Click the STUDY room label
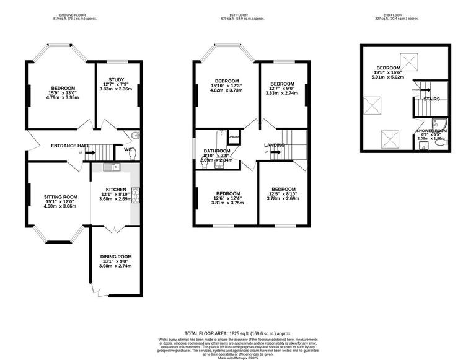coord(116,79)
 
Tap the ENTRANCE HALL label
coord(70,146)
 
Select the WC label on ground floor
coord(128,149)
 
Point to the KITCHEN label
coord(116,189)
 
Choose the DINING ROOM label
coord(116,257)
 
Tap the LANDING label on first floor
coord(274,145)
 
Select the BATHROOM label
coord(217,151)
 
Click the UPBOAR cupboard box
coord(234,137)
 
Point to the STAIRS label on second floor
coord(431,99)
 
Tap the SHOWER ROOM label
coord(431,131)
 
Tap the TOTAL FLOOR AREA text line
coord(238,333)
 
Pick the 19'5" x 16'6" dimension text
coord(387,72)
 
